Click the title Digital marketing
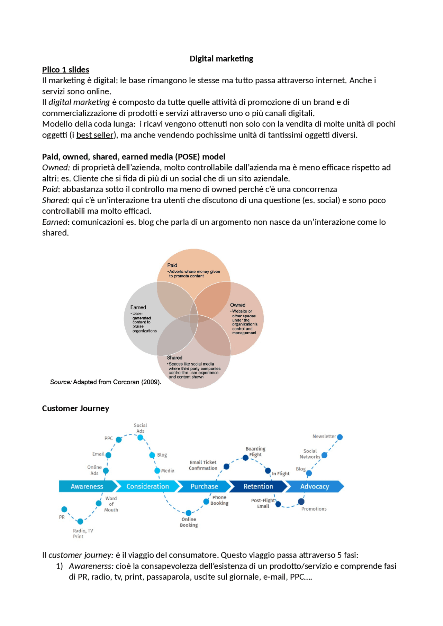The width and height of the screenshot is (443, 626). tap(221, 59)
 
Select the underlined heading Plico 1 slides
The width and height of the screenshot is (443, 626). tap(66, 70)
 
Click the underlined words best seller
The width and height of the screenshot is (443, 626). tap(95, 135)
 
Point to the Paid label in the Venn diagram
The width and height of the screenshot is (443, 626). tap(172, 265)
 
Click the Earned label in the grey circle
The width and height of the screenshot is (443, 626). tap(138, 307)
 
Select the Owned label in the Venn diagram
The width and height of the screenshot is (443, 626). tap(237, 305)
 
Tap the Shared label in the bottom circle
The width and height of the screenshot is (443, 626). tap(174, 358)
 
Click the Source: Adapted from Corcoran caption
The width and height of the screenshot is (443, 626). tap(105, 382)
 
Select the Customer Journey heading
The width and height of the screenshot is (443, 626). tap(75, 409)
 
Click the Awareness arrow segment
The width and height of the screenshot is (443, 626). tap(87, 486)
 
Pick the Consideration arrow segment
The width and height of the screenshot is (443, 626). tap(147, 486)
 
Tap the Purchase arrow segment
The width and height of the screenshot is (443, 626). tap(204, 486)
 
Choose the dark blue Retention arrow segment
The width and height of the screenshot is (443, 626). tap(258, 486)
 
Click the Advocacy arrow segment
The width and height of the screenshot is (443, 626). tap(315, 486)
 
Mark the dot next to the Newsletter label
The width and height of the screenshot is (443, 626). tap(340, 437)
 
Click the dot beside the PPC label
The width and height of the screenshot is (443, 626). tap(119, 440)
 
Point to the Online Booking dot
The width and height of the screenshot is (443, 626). tap(189, 513)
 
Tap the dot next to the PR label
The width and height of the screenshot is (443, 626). tap(64, 509)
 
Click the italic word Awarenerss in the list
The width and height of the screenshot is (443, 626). tap(91, 566)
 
